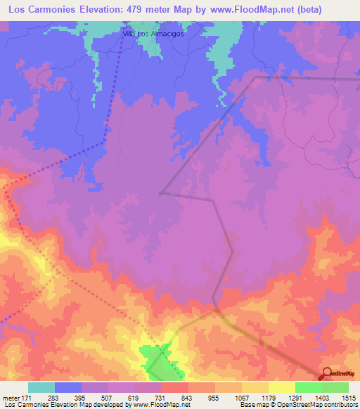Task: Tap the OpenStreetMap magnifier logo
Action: coord(327,374)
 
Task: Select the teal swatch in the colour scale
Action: coord(41,388)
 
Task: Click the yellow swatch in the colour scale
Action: coord(281,388)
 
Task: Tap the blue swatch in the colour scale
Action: coord(67,388)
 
